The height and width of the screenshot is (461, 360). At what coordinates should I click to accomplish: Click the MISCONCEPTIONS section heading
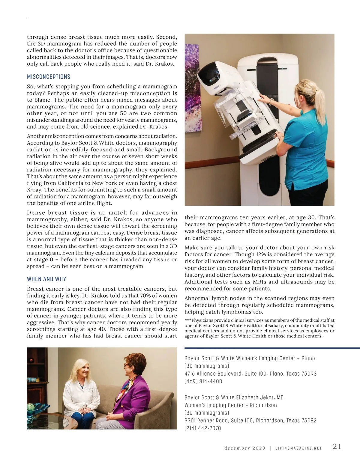(x=49, y=77)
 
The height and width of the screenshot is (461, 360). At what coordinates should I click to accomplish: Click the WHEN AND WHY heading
(x=46, y=279)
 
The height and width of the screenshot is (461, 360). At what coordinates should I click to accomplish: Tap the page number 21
(x=337, y=446)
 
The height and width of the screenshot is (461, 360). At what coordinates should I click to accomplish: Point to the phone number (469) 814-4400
(x=203, y=382)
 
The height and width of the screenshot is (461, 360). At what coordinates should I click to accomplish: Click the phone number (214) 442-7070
(x=202, y=428)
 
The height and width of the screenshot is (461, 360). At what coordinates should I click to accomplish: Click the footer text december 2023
(x=245, y=448)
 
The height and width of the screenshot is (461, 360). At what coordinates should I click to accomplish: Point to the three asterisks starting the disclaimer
(x=188, y=320)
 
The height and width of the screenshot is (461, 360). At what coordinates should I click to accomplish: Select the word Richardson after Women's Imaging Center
(x=263, y=405)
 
